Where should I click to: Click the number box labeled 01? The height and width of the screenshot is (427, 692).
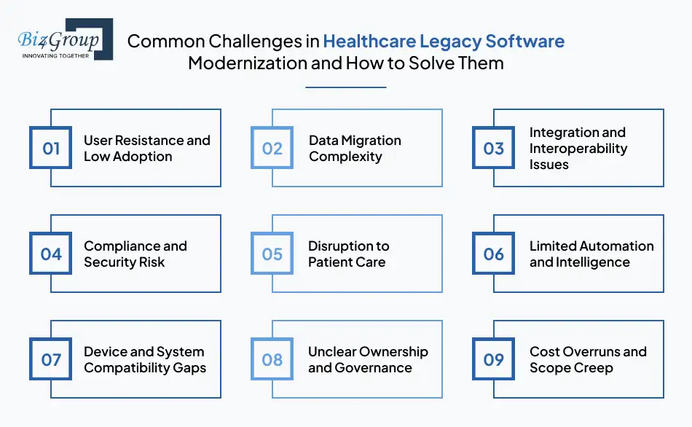tap(51, 148)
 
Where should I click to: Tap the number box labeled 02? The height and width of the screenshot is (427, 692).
tap(272, 148)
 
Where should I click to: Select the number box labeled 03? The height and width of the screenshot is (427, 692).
tap(494, 148)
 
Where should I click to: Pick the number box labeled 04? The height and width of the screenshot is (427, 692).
tap(51, 254)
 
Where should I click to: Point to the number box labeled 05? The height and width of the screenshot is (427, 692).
tap(272, 254)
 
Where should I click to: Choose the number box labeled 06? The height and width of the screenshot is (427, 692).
tap(494, 254)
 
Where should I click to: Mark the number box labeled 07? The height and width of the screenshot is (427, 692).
tap(51, 359)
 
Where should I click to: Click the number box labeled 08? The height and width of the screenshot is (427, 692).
tap(272, 359)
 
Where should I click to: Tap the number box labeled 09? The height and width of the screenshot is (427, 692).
tap(494, 359)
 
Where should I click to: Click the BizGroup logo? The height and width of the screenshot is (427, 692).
tap(62, 39)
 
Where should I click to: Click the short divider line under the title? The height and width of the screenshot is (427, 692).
tap(345, 87)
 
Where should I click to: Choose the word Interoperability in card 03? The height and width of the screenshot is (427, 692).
tap(578, 148)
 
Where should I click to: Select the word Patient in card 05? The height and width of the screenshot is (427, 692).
tap(331, 262)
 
